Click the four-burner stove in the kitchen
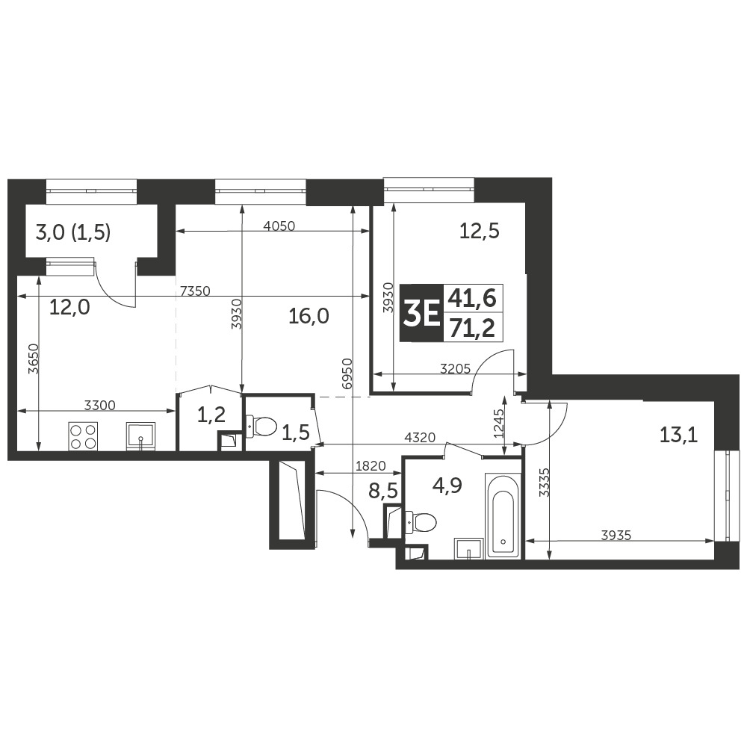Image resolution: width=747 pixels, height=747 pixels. tap(83, 436)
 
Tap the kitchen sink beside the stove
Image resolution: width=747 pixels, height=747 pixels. tap(140, 436)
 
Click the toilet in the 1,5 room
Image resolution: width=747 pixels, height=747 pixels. tap(261, 427)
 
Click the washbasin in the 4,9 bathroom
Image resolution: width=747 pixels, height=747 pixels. tap(468, 548)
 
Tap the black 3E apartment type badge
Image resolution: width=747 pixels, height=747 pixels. tap(421, 314)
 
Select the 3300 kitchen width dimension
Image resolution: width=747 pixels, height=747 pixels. tap(99, 405)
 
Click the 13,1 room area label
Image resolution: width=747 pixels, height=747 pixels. tap(678, 434)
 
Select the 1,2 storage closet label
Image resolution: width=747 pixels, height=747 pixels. tap(211, 416)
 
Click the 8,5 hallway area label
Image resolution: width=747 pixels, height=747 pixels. tap(385, 491)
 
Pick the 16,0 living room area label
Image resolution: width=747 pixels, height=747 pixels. tap(309, 317)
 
